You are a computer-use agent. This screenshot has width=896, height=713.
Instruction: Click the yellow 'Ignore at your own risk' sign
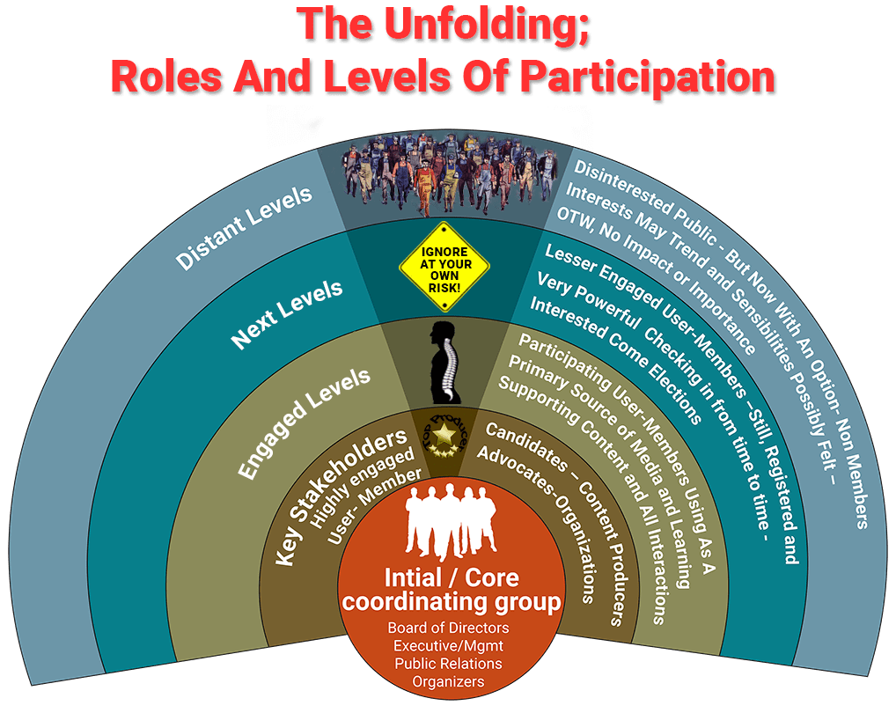444,263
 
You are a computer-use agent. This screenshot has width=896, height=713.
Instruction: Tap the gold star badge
445,432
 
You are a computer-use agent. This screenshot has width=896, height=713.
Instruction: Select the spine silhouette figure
445,362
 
